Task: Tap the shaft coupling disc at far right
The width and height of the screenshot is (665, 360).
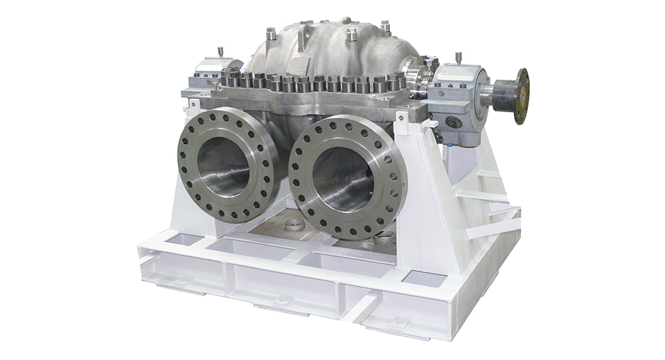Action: pyautogui.click(x=522, y=96)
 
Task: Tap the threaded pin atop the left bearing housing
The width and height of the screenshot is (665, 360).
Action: pyautogui.click(x=220, y=52)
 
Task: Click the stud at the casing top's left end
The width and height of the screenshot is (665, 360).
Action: pyautogui.click(x=271, y=32)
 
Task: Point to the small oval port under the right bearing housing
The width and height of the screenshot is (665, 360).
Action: pyautogui.click(x=454, y=122)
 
